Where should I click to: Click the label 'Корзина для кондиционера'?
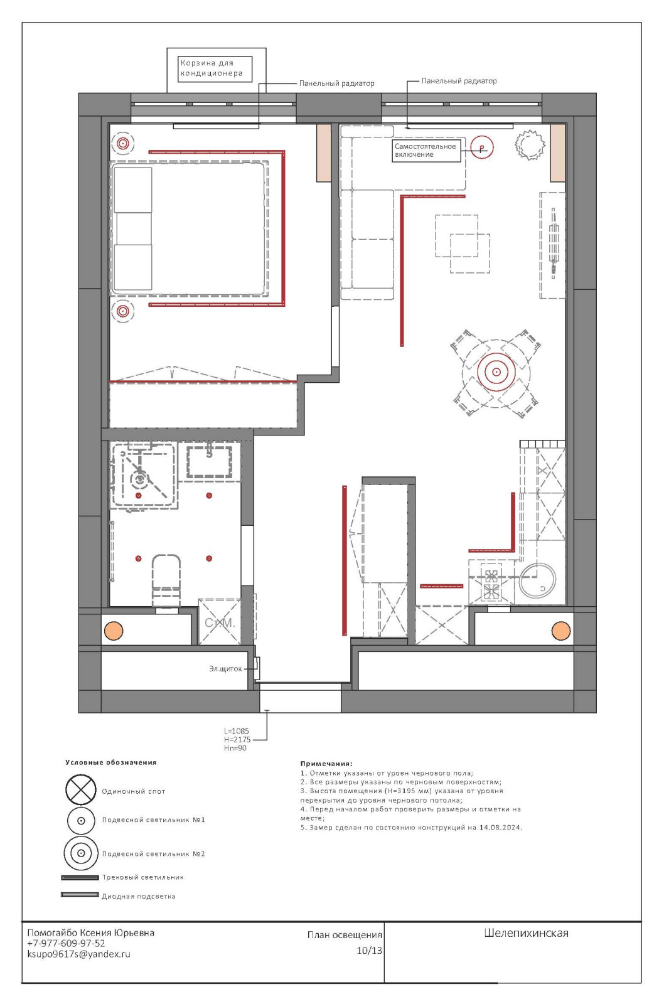click(x=211, y=68)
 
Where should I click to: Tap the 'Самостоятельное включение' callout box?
click(x=426, y=151)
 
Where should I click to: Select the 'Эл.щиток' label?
click(x=225, y=669)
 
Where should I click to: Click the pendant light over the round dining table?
click(x=496, y=372)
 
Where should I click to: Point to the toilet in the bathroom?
click(x=166, y=580)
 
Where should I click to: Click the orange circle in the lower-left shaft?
click(x=114, y=631)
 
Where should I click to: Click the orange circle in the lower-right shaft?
click(x=561, y=631)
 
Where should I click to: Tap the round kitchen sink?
click(x=537, y=580)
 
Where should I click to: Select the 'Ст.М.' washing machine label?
click(x=220, y=622)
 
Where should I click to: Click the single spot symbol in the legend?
click(x=81, y=790)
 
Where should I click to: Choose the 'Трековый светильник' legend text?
click(x=143, y=877)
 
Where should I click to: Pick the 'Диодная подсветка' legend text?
click(x=139, y=897)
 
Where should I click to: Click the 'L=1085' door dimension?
click(x=236, y=731)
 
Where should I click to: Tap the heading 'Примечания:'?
click(x=326, y=763)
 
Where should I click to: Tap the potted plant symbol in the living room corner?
click(x=530, y=145)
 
